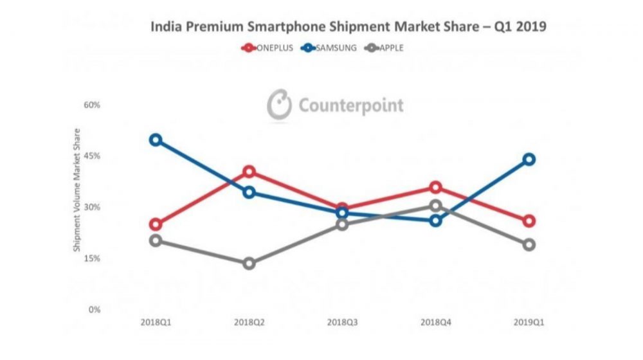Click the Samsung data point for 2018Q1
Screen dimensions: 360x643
(x=155, y=139)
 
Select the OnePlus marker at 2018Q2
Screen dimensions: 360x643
(x=249, y=172)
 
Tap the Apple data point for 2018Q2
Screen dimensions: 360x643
(x=249, y=264)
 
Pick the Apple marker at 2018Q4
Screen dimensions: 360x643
(x=436, y=206)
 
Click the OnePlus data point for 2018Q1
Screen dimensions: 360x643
(x=155, y=224)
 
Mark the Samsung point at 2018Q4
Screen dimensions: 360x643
(x=436, y=221)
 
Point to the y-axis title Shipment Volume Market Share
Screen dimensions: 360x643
(x=77, y=190)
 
